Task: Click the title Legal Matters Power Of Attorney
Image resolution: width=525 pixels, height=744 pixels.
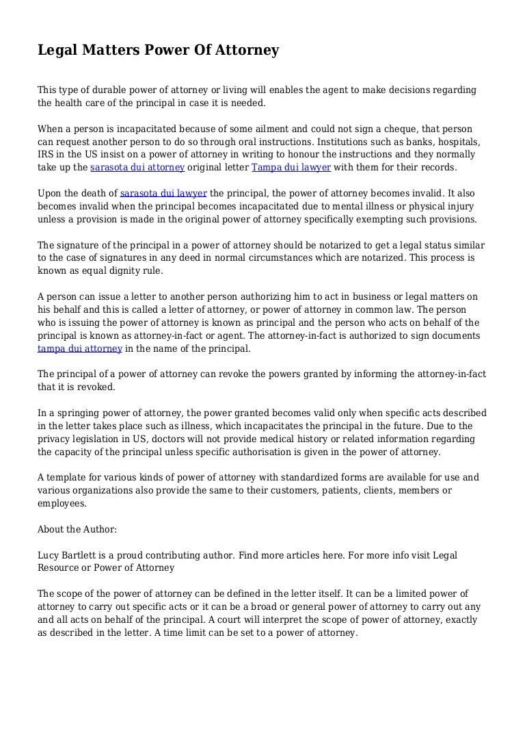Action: [x=158, y=51]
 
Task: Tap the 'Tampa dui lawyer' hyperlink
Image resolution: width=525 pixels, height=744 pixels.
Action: [x=291, y=167]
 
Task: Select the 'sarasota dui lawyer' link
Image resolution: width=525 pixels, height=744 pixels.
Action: [x=163, y=193]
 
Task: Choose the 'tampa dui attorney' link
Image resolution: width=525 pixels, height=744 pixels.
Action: [x=80, y=348]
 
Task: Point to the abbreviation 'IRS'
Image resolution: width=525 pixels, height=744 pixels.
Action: [x=45, y=155]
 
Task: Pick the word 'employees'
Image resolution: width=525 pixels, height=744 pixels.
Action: [x=62, y=503]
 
